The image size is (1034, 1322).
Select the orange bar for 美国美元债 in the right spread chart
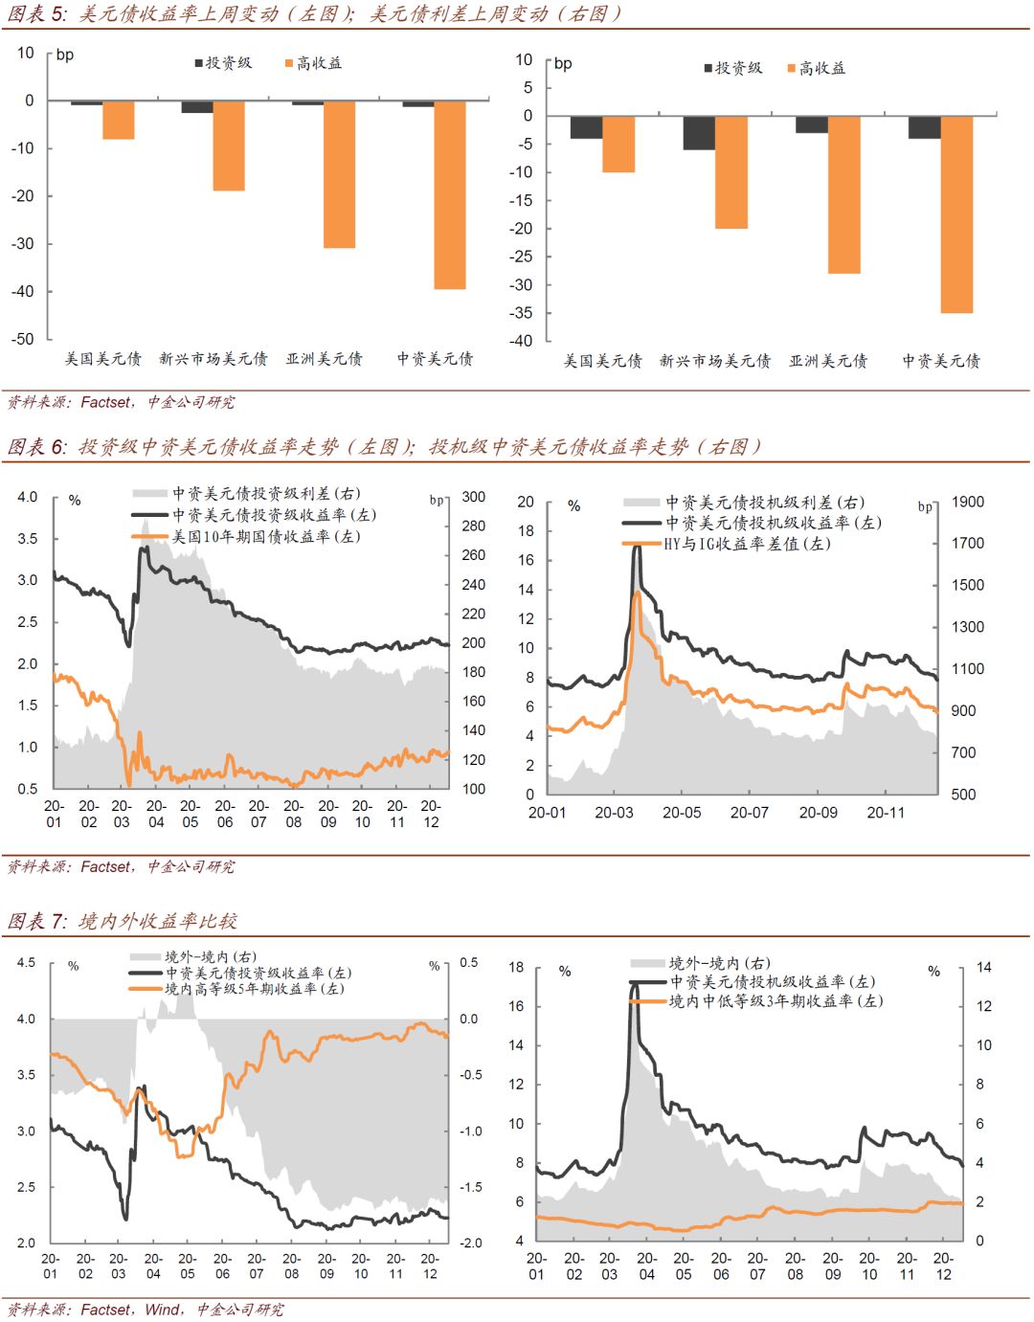618,144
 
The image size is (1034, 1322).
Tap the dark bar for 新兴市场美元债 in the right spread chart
698,133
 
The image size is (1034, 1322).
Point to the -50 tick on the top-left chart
23,339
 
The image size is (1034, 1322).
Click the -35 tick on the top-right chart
521,313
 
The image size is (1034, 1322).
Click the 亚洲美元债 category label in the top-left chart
325,359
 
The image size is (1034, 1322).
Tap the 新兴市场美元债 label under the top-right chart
715,361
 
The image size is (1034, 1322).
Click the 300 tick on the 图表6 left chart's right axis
474,497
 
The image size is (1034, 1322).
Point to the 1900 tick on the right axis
967,502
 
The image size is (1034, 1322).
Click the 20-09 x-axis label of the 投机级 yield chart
818,813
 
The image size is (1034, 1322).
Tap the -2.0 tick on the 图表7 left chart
470,1243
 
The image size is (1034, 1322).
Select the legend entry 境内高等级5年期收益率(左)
254,989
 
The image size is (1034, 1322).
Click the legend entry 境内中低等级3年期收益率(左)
775,1001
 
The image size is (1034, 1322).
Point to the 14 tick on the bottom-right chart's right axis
983,967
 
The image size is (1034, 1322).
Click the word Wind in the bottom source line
163,1310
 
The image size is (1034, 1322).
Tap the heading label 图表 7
36,921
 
